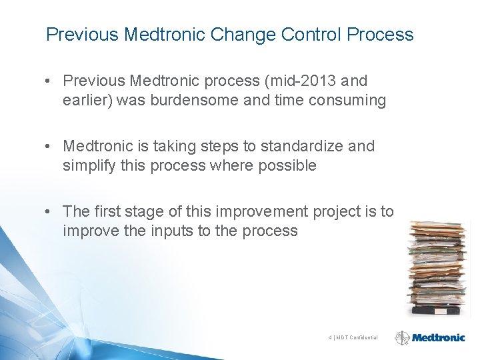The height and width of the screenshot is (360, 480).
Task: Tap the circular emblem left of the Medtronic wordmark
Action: pyautogui.click(x=403, y=338)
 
